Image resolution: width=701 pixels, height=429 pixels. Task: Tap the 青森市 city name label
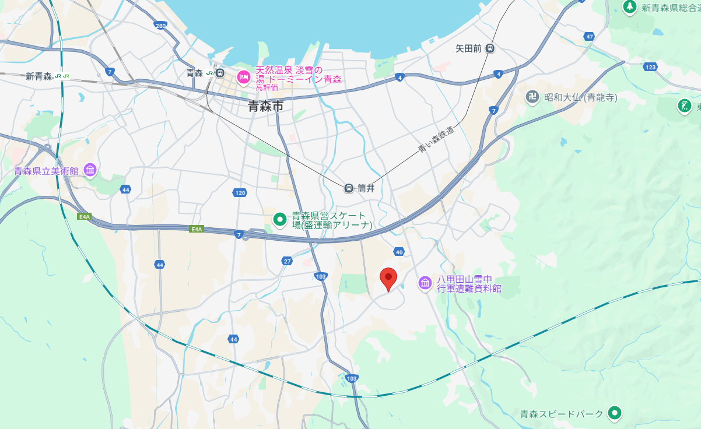(265, 106)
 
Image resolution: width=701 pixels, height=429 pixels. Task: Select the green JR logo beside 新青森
(62, 76)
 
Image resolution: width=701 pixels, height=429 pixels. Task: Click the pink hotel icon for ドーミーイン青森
(243, 77)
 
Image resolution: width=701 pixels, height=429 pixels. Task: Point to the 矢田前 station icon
(490, 48)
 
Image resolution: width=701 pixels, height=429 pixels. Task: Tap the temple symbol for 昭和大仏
(532, 97)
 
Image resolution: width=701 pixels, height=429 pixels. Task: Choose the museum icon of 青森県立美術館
(90, 170)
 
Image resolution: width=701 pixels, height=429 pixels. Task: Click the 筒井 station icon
(349, 188)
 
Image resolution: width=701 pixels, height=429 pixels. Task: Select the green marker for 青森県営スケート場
(280, 219)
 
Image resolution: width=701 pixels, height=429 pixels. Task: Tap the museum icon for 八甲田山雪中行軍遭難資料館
(425, 283)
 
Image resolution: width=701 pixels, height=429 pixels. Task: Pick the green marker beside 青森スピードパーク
(614, 413)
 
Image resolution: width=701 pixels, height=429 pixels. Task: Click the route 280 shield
(161, 25)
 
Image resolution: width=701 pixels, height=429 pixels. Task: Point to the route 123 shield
(651, 68)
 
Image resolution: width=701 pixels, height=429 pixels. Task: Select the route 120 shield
(240, 192)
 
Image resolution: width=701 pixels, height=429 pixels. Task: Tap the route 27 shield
(287, 261)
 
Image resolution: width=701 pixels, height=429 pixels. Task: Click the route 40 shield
(399, 252)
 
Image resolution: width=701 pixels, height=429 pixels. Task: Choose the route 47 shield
(590, 37)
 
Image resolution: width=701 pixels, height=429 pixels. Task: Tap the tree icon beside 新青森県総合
(629, 7)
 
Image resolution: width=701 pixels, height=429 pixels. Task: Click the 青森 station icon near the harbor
(219, 73)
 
